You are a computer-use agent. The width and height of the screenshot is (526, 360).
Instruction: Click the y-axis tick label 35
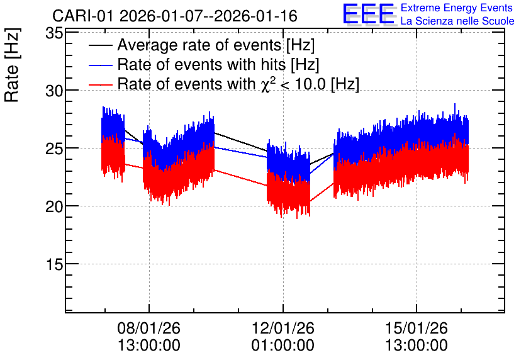[x=54, y=33]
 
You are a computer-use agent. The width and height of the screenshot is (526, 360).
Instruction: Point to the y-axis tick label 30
[x=54, y=91]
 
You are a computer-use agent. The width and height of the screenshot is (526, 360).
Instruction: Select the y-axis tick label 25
[x=54, y=149]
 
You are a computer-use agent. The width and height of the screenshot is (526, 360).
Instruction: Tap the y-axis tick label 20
[x=54, y=206]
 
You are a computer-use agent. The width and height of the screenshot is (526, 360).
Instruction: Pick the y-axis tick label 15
[x=54, y=264]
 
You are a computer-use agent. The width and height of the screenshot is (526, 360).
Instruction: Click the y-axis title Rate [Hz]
[x=12, y=65]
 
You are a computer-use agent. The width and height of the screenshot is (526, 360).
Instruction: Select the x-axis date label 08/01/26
[x=149, y=328]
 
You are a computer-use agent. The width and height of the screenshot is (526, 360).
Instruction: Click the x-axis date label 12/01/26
[x=283, y=328]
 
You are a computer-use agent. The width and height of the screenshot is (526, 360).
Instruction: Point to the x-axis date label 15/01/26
[x=417, y=328]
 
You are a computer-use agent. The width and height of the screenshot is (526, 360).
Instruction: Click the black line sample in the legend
[x=100, y=45]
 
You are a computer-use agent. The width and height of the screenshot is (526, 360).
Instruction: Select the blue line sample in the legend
[x=100, y=65]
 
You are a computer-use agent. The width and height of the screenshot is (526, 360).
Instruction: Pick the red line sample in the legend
[x=100, y=84]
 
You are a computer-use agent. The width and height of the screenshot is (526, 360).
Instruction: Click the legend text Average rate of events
[x=199, y=45]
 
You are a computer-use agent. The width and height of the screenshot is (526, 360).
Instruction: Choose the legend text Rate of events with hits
[x=201, y=65]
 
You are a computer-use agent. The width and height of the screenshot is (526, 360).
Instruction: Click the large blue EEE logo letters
[x=368, y=14]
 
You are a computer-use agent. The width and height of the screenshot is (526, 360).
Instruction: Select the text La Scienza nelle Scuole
[x=457, y=21]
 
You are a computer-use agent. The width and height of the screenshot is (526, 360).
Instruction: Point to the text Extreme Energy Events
[x=457, y=8]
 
